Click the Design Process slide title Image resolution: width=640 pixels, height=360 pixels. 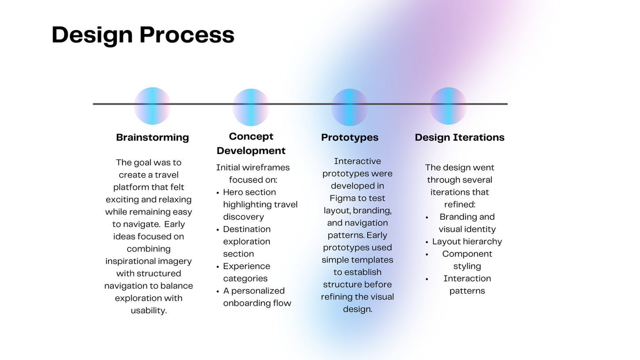point(143,35)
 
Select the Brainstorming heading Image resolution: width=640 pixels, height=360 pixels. point(152,137)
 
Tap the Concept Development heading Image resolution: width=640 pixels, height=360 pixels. point(251,143)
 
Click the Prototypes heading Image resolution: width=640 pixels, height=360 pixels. point(350,137)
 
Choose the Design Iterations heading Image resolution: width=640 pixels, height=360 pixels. point(459,137)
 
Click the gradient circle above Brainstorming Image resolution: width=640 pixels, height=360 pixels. point(152,106)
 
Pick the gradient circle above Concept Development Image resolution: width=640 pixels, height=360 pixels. point(251,107)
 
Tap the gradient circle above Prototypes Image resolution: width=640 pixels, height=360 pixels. point(350,107)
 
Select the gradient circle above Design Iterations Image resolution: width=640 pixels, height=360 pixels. point(448,106)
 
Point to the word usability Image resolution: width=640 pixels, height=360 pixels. point(148,310)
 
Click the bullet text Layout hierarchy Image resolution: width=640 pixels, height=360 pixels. point(467,241)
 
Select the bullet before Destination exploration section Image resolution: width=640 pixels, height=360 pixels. point(218,230)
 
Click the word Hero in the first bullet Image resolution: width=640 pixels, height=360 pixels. point(232,192)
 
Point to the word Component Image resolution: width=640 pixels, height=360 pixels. point(467,254)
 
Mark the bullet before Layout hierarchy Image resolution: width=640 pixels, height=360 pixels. point(427,242)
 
